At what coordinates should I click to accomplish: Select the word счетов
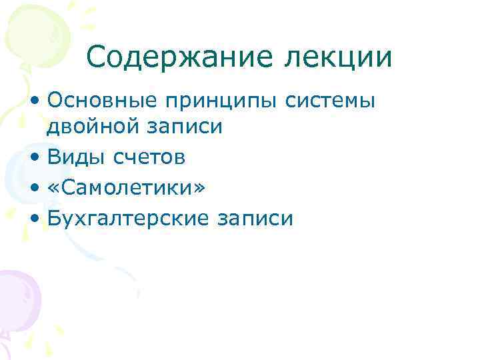148,158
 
